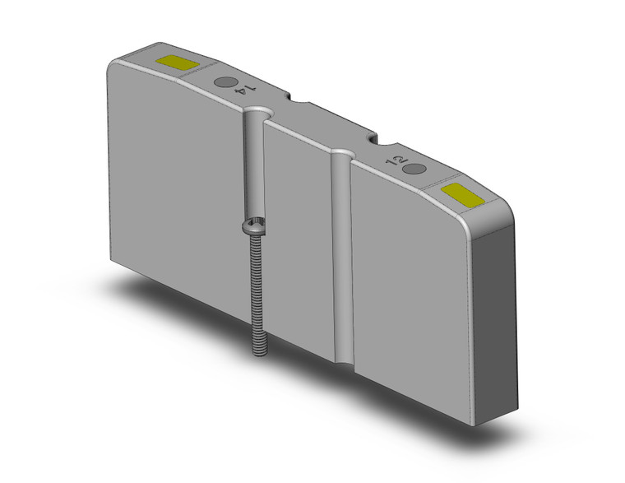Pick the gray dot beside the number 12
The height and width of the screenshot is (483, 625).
pos(416,169)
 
